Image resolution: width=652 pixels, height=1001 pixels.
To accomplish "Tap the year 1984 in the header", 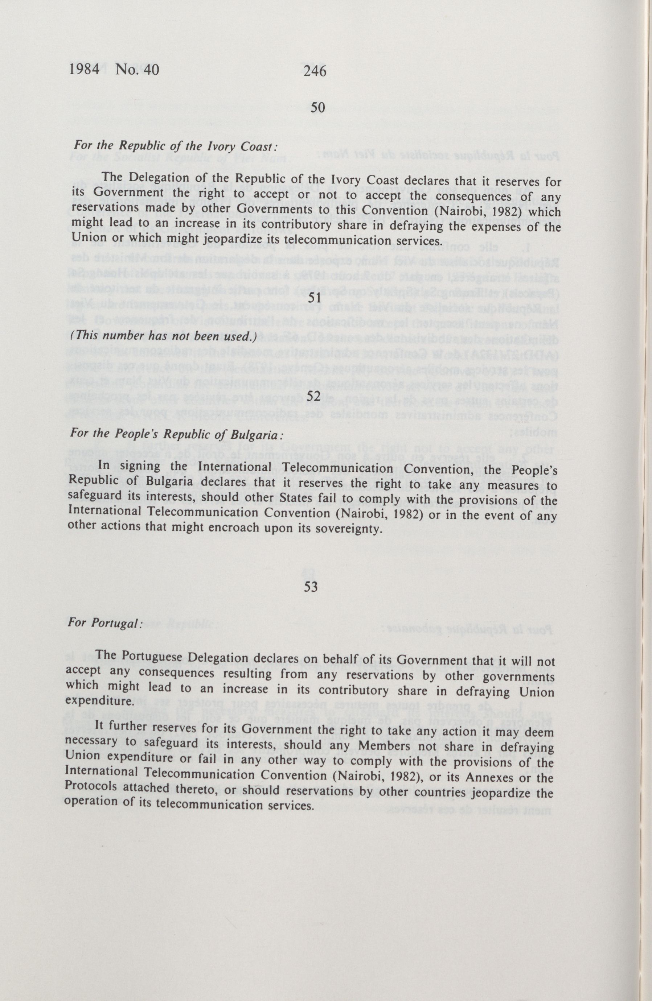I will [x=84, y=69].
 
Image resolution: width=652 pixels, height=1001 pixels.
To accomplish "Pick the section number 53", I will [x=311, y=586].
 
